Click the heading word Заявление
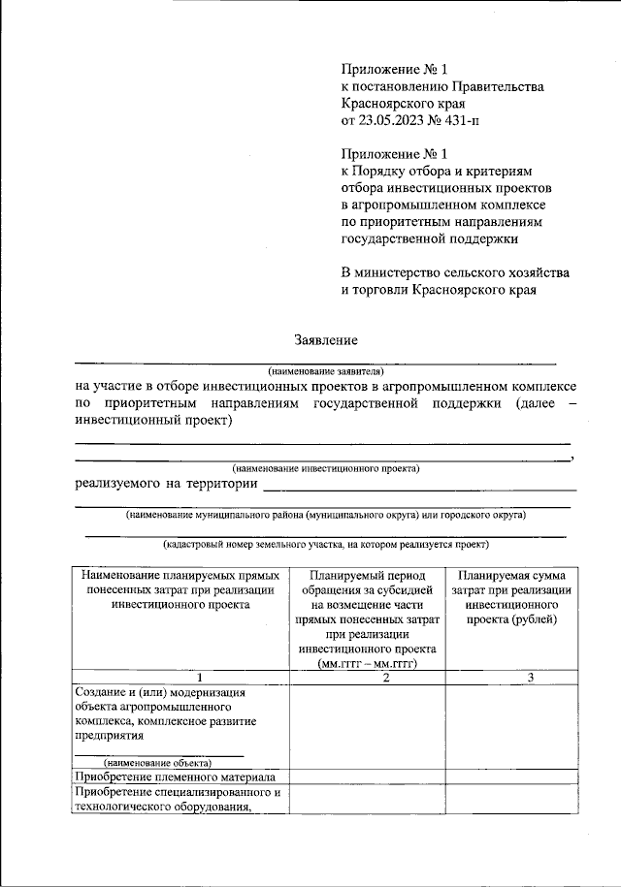326,339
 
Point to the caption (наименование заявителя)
326,371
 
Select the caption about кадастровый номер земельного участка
324,544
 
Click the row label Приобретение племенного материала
176,776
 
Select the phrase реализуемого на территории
166,484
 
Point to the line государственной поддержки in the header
430,237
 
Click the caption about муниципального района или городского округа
325,514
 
